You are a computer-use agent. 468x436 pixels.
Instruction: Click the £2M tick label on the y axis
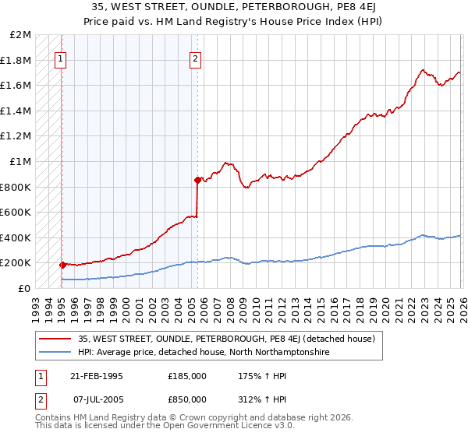coord(21,35)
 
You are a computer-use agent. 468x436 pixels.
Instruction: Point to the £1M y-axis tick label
coord(21,161)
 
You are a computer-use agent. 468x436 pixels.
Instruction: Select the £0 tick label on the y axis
coord(25,288)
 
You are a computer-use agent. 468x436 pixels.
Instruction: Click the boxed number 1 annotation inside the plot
coord(61,57)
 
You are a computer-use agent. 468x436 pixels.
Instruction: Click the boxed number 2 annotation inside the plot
coord(195,57)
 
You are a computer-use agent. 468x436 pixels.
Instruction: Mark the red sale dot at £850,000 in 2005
coord(197,180)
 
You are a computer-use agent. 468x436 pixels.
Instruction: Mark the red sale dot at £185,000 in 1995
coord(62,265)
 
